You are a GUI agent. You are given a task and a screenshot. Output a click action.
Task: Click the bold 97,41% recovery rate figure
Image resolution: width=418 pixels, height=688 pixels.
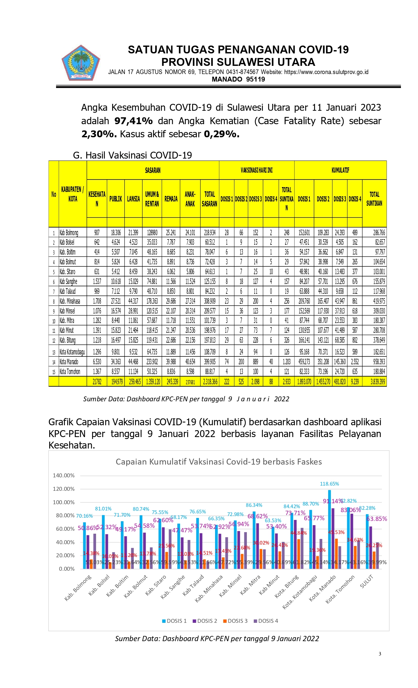133,121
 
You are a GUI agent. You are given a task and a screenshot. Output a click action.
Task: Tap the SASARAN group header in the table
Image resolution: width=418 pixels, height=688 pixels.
153,170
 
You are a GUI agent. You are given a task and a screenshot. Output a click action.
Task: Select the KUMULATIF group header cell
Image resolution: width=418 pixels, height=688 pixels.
340,170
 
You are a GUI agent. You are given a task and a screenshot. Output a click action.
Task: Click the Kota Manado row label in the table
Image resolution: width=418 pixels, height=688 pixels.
69,362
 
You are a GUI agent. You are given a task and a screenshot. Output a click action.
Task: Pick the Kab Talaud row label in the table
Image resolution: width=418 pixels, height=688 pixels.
68,291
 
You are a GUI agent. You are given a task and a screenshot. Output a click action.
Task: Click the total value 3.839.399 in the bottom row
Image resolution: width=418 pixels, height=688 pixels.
378,382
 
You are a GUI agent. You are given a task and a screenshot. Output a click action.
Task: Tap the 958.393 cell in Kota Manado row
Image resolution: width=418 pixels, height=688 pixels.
379,362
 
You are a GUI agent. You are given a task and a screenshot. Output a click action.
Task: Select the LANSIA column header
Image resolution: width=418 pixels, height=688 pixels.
133,199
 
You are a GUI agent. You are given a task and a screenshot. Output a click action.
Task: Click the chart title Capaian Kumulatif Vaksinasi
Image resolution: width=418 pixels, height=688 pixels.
219,462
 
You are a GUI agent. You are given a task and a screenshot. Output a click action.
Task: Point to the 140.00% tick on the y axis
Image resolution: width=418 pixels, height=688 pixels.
64,475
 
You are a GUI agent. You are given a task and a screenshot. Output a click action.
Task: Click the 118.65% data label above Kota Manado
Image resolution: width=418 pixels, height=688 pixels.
329,484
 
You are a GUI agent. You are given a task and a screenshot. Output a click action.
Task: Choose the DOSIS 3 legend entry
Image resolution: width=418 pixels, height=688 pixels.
235,621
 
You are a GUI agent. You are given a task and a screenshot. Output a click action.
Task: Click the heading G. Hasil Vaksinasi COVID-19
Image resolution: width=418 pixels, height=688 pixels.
132,155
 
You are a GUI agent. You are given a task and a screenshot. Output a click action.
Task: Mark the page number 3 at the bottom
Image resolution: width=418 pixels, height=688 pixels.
380,654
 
